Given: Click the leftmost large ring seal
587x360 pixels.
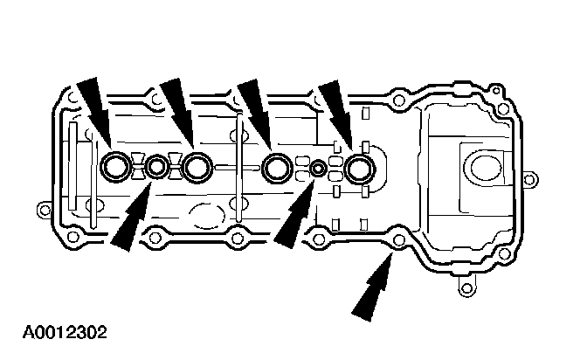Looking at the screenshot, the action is (x=115, y=164).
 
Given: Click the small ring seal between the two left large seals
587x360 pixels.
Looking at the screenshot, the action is (x=156, y=165).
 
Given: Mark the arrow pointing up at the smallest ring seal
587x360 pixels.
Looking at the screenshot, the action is (x=295, y=218).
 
